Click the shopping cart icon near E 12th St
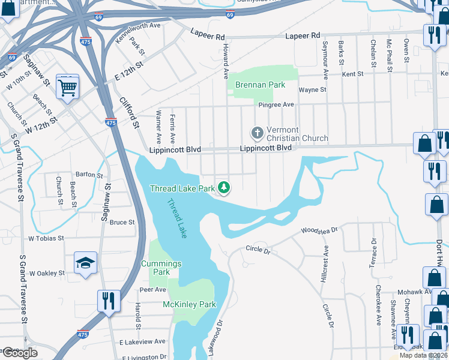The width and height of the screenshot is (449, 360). pos(68,88)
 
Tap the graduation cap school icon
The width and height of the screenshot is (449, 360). pos(85,263)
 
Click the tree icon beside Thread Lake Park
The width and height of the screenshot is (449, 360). pos(224,188)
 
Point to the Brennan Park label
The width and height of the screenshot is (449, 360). pos(260,85)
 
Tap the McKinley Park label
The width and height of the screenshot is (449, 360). pos(189,304)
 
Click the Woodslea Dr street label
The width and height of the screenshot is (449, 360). pos(319,230)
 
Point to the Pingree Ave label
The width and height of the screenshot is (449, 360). pos(276,104)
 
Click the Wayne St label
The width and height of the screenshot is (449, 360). pos(312,89)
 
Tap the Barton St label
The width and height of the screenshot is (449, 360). pos(89,175)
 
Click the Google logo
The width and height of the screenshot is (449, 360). pos(19,353)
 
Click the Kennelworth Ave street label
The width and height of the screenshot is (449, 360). pos(138,35)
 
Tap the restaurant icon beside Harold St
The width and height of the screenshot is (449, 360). pos(109,301)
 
